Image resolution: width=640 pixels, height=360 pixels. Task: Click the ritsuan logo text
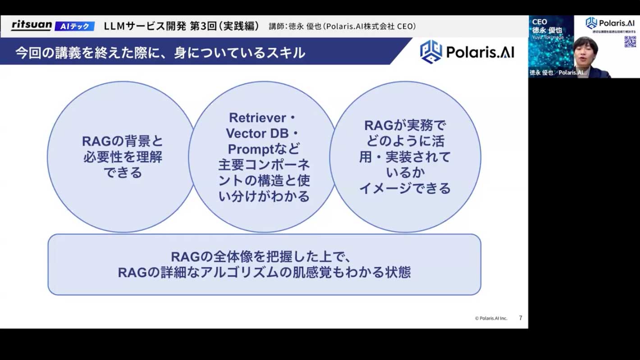31,25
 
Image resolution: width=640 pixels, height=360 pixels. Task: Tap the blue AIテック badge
75,26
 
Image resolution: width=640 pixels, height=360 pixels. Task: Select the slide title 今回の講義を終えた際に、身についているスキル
160,53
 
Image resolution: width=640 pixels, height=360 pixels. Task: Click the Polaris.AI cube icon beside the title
431,52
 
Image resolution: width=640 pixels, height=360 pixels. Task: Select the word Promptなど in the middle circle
264,149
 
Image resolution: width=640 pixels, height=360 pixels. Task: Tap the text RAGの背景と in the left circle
123,141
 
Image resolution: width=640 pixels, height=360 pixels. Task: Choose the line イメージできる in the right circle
405,188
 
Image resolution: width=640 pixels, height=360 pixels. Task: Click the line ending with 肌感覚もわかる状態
264,273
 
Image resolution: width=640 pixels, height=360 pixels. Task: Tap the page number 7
521,318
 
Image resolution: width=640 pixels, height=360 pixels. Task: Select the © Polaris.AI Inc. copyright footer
491,318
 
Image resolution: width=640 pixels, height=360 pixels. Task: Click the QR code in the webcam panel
630,42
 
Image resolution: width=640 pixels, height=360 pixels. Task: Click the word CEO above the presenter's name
539,22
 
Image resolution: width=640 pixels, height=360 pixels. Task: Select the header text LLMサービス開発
145,26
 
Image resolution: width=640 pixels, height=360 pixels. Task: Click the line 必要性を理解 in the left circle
123,157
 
